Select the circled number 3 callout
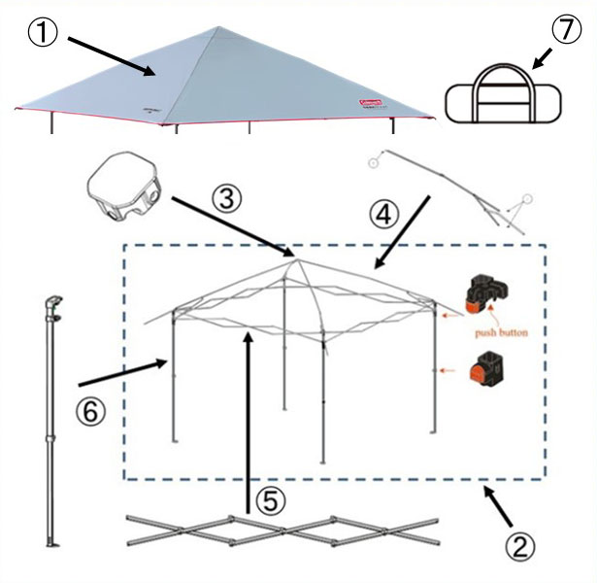(x=225, y=198)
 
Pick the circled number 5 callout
(x=273, y=501)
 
